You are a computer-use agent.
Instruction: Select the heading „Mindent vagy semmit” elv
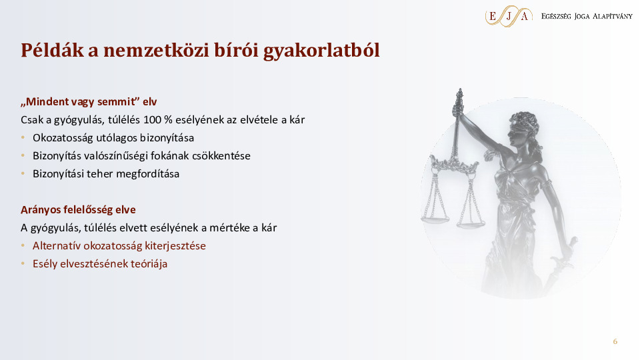coord(88,102)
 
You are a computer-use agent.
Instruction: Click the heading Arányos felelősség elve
coord(78,209)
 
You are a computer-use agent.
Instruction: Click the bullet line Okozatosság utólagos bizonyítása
coord(113,138)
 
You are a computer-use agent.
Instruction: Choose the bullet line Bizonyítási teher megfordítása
coord(106,174)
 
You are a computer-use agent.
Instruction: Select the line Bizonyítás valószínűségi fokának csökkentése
coord(141,156)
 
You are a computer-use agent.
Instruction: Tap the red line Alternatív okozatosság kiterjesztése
coord(119,245)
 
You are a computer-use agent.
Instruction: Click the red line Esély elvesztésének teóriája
coord(99,263)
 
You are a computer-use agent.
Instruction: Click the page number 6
coord(615,342)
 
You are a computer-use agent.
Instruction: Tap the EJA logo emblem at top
coord(509,15)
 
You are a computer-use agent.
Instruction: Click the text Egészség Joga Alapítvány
coord(587,16)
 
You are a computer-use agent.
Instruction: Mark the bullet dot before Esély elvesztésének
coord(23,263)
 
